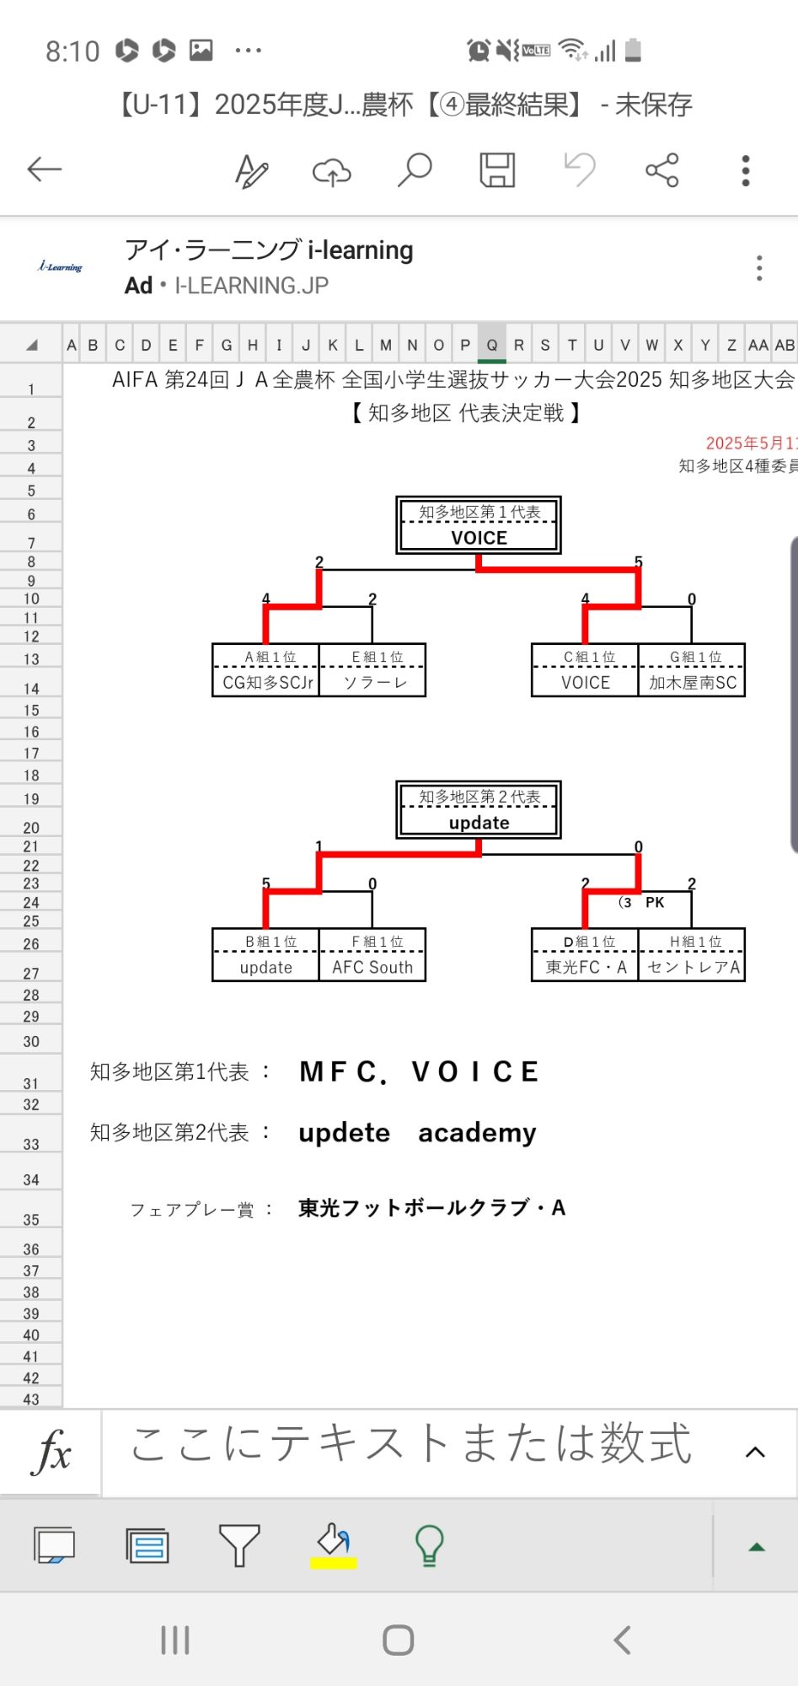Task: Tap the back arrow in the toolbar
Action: pos(45,169)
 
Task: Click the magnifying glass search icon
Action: pos(415,169)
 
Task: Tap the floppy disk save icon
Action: pos(497,169)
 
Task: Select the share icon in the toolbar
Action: pos(662,169)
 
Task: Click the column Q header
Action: pos(492,345)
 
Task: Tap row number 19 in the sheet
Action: pos(31,799)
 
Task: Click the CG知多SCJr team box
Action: pos(267,682)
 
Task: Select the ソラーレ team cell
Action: pos(373,682)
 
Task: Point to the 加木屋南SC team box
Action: pos(692,682)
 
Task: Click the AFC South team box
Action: pos(372,967)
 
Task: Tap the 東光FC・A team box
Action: pos(586,967)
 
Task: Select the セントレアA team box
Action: pos(693,967)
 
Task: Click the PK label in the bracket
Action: pos(655,903)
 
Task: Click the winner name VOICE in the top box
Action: pos(479,538)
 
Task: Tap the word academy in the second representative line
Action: pos(477,1132)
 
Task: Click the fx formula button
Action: pos(51,1452)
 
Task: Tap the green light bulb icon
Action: pos(429,1545)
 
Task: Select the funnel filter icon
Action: pos(239,1545)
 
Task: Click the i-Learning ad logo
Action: pos(61,267)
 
